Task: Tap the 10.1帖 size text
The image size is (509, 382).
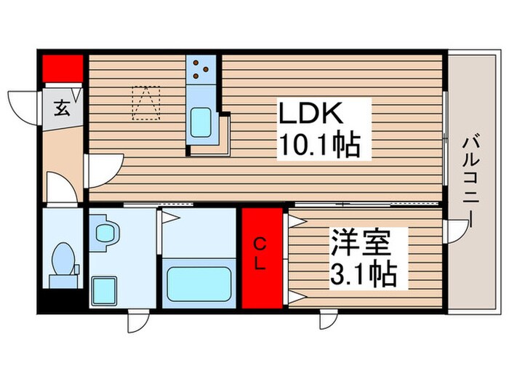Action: point(320,147)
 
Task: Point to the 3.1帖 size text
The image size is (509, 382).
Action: point(364,274)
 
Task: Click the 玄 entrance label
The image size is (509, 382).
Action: point(62,110)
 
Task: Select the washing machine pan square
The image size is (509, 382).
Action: point(105,291)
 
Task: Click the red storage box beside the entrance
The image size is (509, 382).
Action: point(62,68)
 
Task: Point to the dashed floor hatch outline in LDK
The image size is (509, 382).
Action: point(145,103)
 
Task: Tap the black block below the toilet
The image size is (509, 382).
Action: point(62,299)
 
